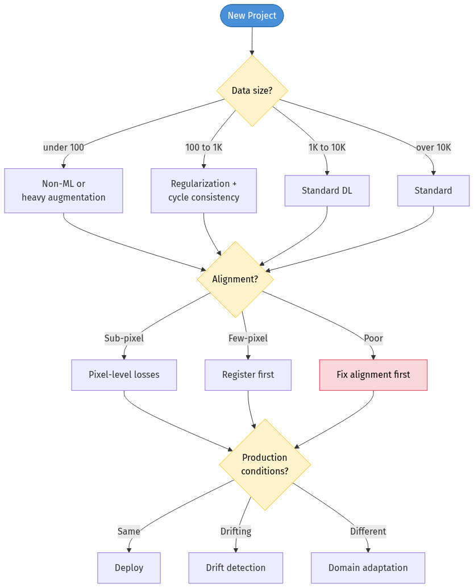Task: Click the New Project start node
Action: (x=252, y=15)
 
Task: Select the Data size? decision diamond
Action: (x=252, y=91)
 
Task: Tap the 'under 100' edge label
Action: (x=64, y=148)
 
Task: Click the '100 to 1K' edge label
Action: (x=204, y=148)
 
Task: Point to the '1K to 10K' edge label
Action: (x=327, y=148)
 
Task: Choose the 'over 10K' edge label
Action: (x=434, y=148)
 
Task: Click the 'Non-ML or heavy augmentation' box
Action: (x=64, y=191)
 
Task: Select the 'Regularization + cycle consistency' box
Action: (x=203, y=191)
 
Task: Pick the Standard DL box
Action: (x=327, y=191)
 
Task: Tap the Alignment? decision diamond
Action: (x=235, y=280)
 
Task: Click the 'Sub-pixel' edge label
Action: (x=124, y=339)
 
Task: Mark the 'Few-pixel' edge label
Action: (x=248, y=339)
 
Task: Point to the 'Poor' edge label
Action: (x=373, y=339)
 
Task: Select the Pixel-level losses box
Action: (x=124, y=375)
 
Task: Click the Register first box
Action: (x=248, y=375)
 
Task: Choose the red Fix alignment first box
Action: (x=373, y=375)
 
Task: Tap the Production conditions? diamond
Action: (x=265, y=465)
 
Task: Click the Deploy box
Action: (x=129, y=568)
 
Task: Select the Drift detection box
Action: (x=235, y=568)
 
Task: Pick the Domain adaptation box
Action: (x=368, y=568)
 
